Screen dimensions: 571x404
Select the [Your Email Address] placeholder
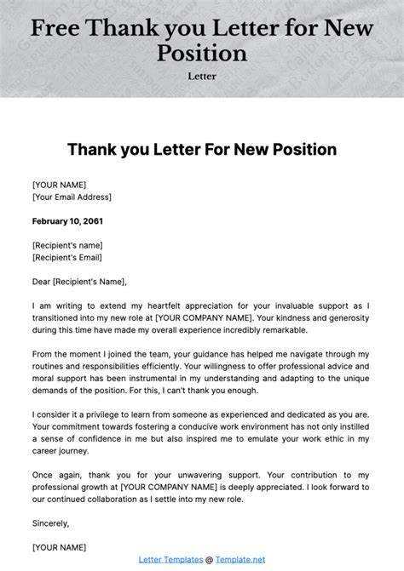tap(72, 197)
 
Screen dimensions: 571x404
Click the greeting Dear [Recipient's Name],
tap(79, 281)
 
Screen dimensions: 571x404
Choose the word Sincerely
tap(50, 522)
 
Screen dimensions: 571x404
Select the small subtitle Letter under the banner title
tap(202, 76)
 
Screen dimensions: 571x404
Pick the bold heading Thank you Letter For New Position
tap(202, 150)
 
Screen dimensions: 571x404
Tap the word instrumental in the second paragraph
tap(193, 377)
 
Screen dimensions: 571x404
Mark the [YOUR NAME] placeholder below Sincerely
tap(59, 546)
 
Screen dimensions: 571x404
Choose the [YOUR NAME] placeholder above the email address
tap(59, 184)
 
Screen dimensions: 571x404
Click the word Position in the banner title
tap(202, 53)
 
